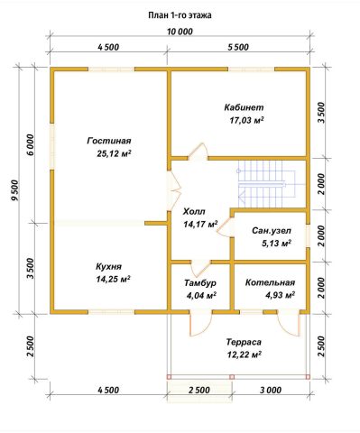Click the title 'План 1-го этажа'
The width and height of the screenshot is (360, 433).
pyautogui.click(x=180, y=15)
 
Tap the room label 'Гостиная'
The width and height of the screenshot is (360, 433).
pyautogui.click(x=109, y=141)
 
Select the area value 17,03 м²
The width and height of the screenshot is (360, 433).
pyautogui.click(x=247, y=120)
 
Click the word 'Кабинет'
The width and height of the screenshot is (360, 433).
pyautogui.click(x=244, y=107)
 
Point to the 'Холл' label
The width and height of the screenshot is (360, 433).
pyautogui.click(x=194, y=212)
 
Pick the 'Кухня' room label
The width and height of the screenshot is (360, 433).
pyautogui.click(x=108, y=266)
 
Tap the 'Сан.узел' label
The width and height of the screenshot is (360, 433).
pyautogui.click(x=272, y=231)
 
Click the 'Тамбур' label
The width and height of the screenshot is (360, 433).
pyautogui.click(x=200, y=283)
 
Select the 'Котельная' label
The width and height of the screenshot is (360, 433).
pyautogui.click(x=270, y=282)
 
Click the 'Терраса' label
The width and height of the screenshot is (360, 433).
pyautogui.click(x=244, y=342)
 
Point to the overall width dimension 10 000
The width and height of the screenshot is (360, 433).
pyautogui.click(x=180, y=32)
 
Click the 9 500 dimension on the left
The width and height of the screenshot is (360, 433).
pyautogui.click(x=14, y=190)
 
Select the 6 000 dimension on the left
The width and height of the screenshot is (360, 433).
pyautogui.click(x=32, y=144)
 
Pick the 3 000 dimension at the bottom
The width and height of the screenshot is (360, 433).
pyautogui.click(x=271, y=390)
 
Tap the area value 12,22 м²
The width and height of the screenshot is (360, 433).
pyautogui.click(x=244, y=355)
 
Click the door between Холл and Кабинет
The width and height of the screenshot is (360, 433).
pyautogui.click(x=198, y=152)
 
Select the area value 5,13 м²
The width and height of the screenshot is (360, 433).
pyautogui.click(x=277, y=244)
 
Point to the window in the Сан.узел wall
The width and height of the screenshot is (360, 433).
pyautogui.click(x=308, y=235)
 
